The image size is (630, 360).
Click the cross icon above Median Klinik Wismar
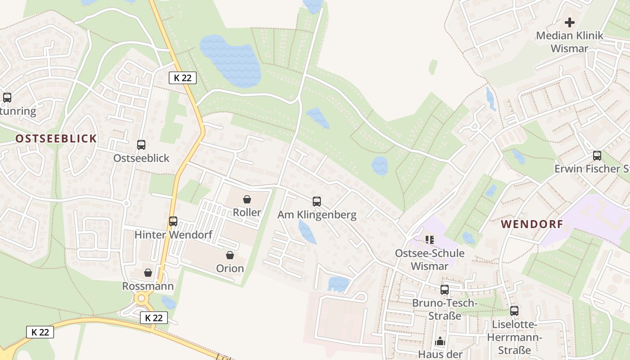pyautogui.click(x=570, y=22)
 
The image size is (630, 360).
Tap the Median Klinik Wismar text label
pyautogui.click(x=569, y=42)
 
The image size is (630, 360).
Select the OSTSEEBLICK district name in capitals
pyautogui.click(x=56, y=139)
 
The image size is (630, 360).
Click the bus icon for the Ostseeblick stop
pyautogui.click(x=141, y=145)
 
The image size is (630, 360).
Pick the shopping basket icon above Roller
pyautogui.click(x=247, y=199)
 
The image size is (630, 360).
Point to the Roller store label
pyautogui.click(x=247, y=212)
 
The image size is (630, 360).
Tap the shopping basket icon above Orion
pyautogui.click(x=230, y=256)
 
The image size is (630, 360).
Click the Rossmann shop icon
pyautogui.click(x=148, y=273)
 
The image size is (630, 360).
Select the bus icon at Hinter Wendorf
pyautogui.click(x=173, y=221)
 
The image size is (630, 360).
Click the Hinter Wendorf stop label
pyautogui.click(x=173, y=234)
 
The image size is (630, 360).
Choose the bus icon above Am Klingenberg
pyautogui.click(x=317, y=202)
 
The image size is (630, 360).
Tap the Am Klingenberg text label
pyautogui.click(x=317, y=215)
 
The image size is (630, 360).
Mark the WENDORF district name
pyautogui.click(x=532, y=224)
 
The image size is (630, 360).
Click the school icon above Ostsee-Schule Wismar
pyautogui.click(x=430, y=240)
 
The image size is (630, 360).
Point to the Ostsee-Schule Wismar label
pyautogui.click(x=430, y=259)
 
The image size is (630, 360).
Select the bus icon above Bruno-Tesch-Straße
pyautogui.click(x=445, y=290)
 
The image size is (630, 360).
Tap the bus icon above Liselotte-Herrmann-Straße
pyautogui.click(x=514, y=310)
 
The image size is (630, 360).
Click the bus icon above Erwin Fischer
pyautogui.click(x=597, y=156)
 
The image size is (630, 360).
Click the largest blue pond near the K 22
pyautogui.click(x=230, y=60)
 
